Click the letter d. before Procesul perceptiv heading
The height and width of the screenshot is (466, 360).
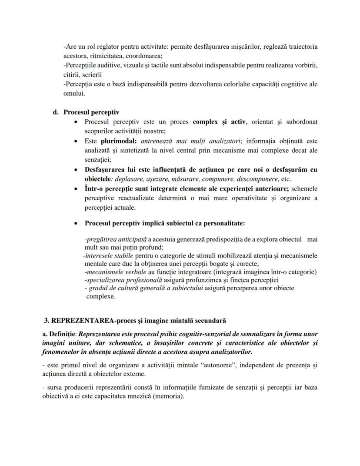point(56,112)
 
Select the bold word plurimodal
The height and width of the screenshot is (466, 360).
point(118,141)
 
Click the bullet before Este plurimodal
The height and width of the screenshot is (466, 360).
point(77,141)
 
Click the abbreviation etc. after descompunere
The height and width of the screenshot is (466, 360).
point(286,179)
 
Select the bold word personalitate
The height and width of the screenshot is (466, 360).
point(223,223)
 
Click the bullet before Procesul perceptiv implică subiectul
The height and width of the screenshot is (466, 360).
point(77,223)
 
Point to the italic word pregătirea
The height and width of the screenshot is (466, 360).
point(100,240)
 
